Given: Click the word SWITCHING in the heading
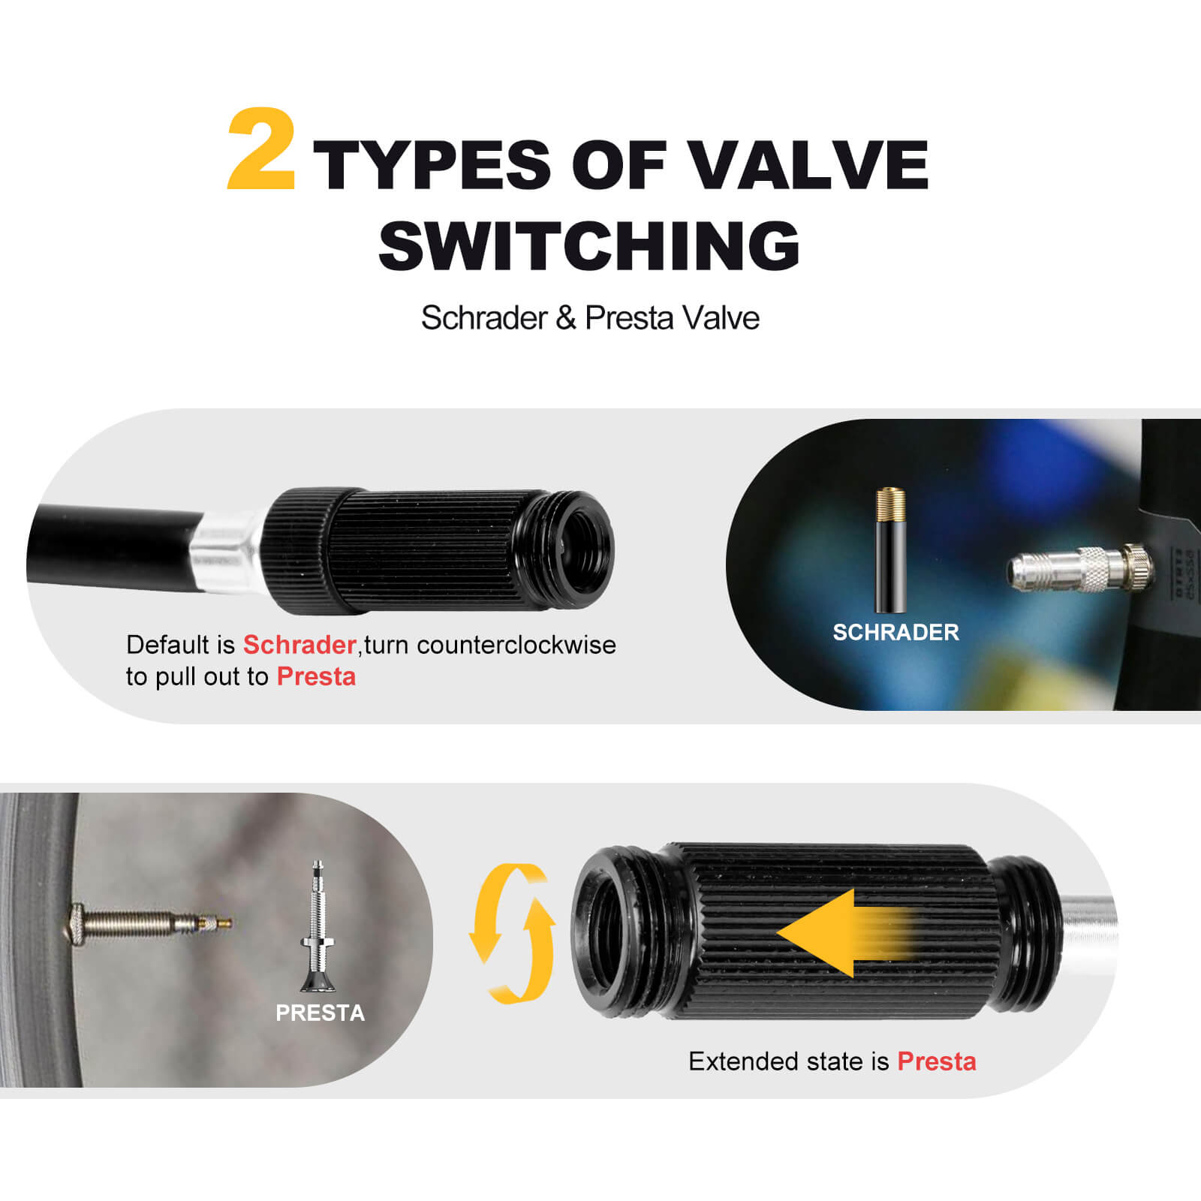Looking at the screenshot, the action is (x=589, y=245).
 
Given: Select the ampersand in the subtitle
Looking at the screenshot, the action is (x=566, y=318).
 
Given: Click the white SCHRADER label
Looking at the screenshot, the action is (x=895, y=632).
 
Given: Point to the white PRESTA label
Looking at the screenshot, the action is (x=320, y=1013).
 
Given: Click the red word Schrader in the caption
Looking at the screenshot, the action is (x=299, y=645).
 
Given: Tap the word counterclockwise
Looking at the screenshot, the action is (x=516, y=645).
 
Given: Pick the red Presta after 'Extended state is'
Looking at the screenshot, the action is (x=937, y=1061).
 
